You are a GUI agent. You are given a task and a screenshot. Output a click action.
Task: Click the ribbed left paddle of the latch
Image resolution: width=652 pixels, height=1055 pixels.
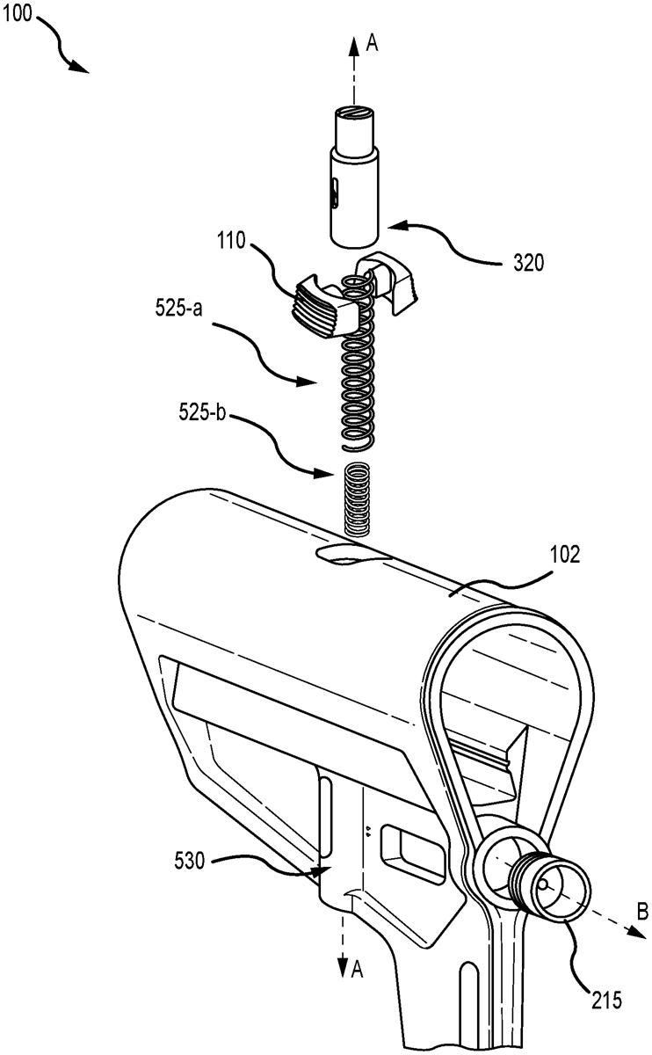coord(315,304)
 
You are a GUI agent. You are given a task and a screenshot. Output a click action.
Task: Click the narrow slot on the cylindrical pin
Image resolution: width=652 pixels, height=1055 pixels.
coord(333,194)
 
